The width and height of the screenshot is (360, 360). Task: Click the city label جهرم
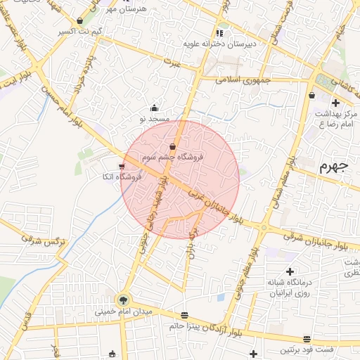pyautogui.click(x=333, y=167)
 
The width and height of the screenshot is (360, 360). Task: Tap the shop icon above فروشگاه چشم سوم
pyautogui.click(x=172, y=146)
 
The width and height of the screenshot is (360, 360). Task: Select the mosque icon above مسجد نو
pyautogui.click(x=155, y=108)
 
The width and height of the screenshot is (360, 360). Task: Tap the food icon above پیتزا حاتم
pyautogui.click(x=184, y=315)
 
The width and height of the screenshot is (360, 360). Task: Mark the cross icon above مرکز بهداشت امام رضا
pyautogui.click(x=335, y=103)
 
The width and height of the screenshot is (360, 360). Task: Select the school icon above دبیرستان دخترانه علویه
pyautogui.click(x=219, y=32)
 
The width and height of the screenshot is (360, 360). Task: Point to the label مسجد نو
pyautogui.click(x=155, y=120)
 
